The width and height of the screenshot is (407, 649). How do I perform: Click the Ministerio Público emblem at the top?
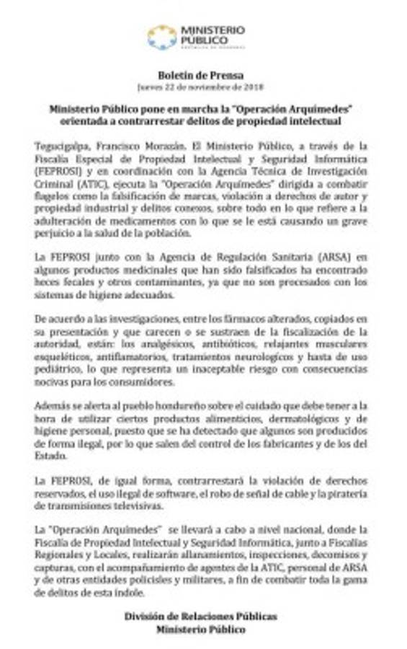(x=162, y=36)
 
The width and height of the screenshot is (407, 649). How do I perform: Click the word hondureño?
(x=178, y=407)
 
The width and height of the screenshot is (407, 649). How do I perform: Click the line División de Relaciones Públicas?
(x=200, y=617)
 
